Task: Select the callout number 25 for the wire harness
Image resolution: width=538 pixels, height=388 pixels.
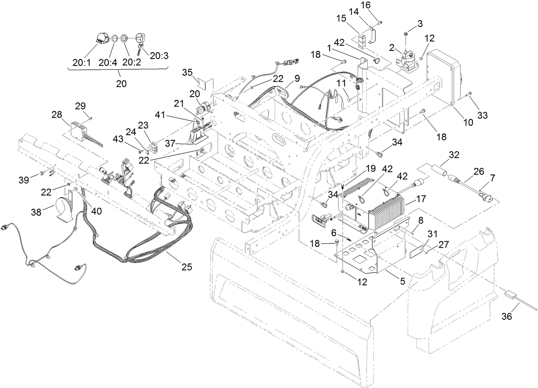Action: (x=186, y=267)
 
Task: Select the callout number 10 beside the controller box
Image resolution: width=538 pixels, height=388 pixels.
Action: (x=468, y=122)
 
